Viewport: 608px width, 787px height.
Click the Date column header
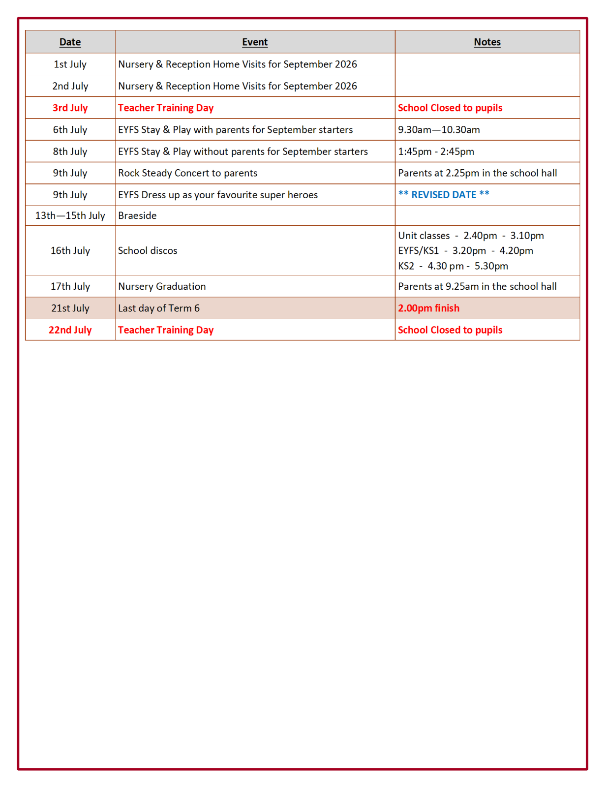coord(70,42)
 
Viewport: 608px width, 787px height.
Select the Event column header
coord(255,42)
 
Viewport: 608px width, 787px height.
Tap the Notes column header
coord(487,42)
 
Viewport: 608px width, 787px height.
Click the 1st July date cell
coord(70,64)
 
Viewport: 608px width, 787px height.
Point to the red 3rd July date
coord(70,108)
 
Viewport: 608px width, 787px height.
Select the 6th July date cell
coord(70,130)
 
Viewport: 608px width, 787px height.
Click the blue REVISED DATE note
coord(443,195)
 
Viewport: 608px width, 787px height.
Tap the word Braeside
coord(137,215)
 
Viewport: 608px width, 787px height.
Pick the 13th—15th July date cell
coord(70,215)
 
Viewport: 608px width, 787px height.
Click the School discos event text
coord(148,250)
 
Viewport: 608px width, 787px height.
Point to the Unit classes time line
coord(471,236)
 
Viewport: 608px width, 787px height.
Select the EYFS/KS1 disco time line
coord(465,250)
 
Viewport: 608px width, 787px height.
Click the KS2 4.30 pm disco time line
coord(453,266)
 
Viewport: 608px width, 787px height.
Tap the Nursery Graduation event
coord(162,286)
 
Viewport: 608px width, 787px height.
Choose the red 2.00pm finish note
coord(428,308)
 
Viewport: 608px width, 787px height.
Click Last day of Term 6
coord(159,308)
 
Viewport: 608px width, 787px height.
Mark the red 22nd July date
coord(70,330)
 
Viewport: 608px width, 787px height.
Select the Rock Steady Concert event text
coord(187,173)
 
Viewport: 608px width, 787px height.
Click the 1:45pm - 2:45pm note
coord(436,151)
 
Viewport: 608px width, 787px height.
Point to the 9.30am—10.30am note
coord(439,130)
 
